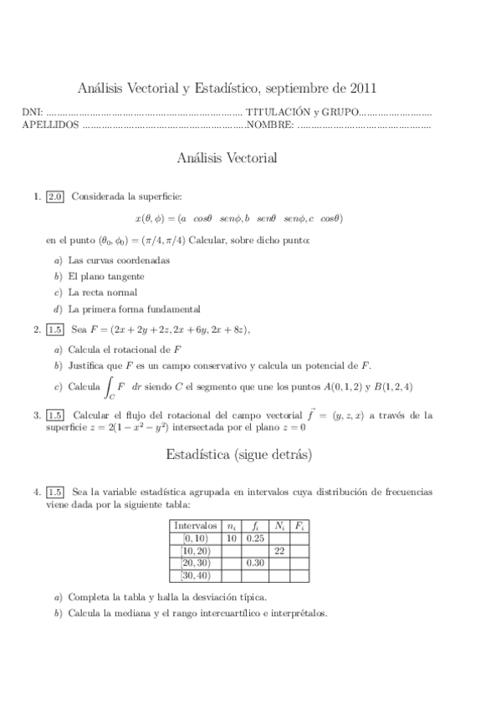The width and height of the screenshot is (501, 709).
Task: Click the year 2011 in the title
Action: [361, 87]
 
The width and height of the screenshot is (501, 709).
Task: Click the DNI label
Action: [31, 112]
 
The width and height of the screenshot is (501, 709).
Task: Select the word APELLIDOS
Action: [49, 125]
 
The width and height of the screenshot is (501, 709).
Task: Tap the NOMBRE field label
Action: [269, 125]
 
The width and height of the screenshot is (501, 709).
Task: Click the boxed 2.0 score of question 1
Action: [55, 197]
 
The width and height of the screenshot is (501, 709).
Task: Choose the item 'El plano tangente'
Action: [106, 276]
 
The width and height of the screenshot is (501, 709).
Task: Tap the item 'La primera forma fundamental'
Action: [135, 308]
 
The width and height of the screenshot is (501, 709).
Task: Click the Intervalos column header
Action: [195, 526]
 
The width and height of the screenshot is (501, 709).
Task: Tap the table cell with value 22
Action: [279, 551]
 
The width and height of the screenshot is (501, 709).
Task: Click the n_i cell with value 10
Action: [231, 538]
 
